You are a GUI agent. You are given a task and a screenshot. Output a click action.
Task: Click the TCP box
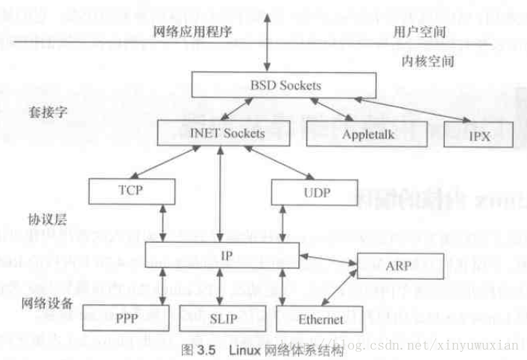(130, 191)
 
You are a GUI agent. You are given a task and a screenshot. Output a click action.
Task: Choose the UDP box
(312, 192)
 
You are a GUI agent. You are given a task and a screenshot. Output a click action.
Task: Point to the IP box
(223, 255)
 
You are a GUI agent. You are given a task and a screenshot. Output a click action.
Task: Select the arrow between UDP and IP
(283, 222)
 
